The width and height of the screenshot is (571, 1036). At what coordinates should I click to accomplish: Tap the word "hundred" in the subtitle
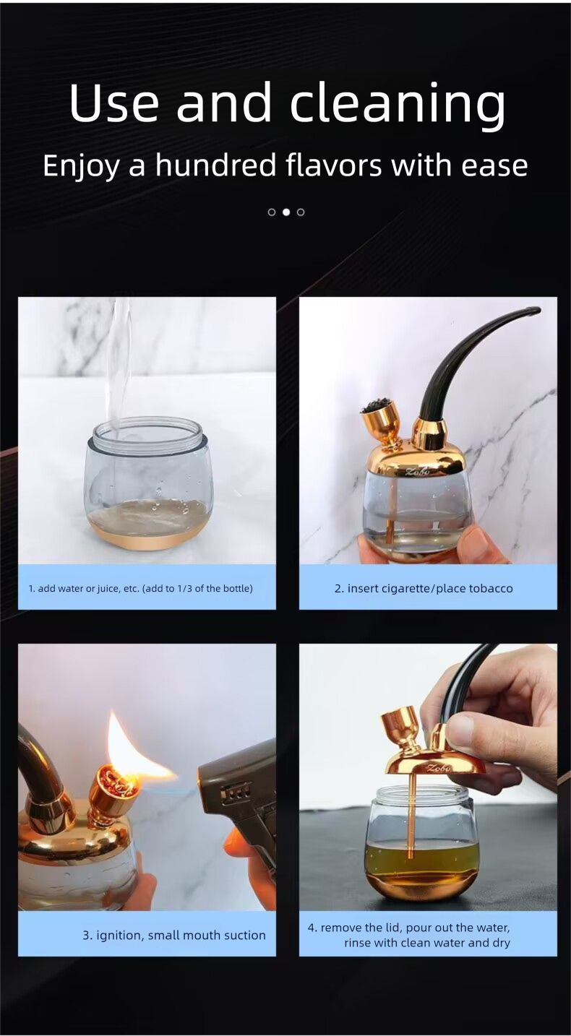[215, 165]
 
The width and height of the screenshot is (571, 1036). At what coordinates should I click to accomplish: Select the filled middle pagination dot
[286, 212]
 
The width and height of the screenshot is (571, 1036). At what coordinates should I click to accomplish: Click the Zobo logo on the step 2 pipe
[417, 472]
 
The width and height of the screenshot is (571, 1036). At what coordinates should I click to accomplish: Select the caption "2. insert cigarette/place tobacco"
[424, 588]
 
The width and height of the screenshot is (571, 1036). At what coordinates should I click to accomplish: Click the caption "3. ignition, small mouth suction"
[174, 935]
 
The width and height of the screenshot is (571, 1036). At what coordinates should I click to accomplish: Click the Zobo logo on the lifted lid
[437, 768]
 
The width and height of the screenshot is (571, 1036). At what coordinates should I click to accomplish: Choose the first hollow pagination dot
[272, 212]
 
